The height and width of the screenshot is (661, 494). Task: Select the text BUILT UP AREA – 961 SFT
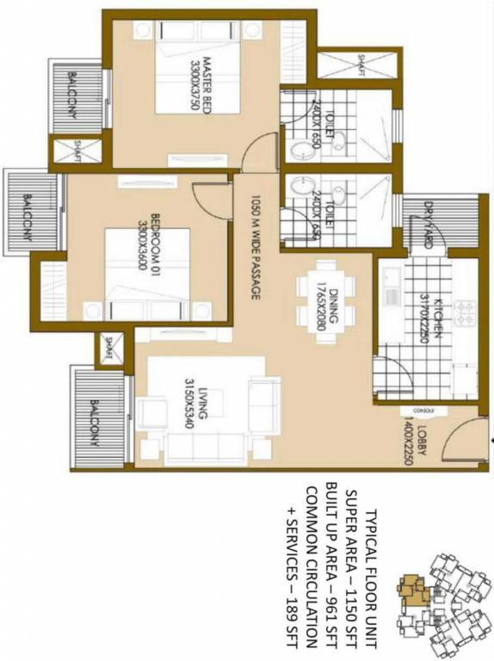(330, 563)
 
